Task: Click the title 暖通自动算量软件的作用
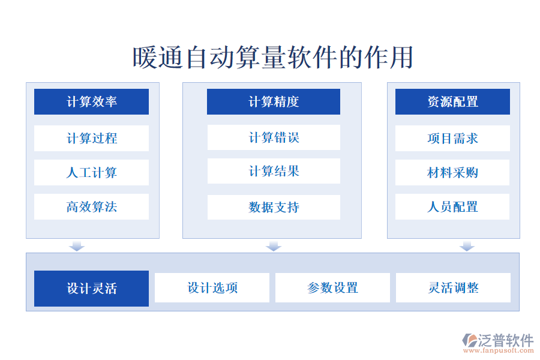point(272,58)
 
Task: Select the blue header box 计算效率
point(91,101)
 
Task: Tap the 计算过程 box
point(91,138)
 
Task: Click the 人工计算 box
point(91,173)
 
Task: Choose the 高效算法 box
point(91,207)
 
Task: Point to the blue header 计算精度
point(274,101)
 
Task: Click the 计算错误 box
point(274,137)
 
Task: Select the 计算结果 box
point(274,171)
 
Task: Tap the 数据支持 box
point(274,207)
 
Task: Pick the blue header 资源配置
point(452,101)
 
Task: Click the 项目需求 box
point(452,138)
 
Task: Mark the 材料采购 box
point(452,173)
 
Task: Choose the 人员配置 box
point(452,207)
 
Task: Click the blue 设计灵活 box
point(91,289)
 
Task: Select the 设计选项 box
point(212,288)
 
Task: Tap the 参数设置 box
point(332,288)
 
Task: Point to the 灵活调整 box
point(453,288)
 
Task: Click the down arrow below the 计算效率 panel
point(77,246)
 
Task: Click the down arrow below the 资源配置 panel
point(467,246)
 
